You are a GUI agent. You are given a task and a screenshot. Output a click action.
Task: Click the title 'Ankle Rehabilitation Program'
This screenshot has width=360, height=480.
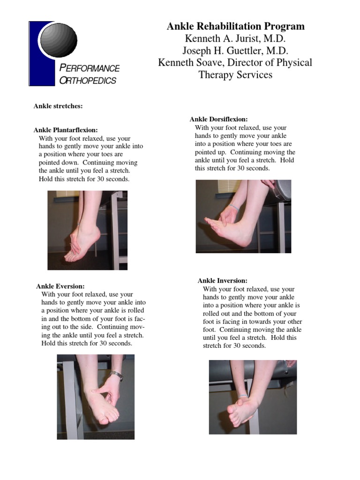(x=235, y=26)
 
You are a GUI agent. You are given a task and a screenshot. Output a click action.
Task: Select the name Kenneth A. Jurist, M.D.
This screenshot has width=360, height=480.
(x=235, y=38)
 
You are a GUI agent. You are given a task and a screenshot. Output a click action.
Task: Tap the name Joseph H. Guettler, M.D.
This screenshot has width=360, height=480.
(x=235, y=51)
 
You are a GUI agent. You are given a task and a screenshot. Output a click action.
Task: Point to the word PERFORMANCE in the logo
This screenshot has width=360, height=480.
(x=90, y=68)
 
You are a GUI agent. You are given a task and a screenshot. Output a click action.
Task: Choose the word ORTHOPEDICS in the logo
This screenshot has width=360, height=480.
(x=88, y=81)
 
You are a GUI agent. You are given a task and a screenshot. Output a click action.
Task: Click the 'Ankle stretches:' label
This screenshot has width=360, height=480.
(x=58, y=106)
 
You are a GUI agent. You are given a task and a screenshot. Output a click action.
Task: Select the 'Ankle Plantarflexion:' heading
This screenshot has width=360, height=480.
(x=66, y=130)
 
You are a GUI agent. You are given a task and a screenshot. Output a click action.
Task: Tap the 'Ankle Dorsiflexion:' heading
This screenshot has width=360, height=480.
(x=218, y=120)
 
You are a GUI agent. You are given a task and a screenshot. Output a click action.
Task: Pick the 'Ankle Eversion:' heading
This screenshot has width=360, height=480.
(x=60, y=285)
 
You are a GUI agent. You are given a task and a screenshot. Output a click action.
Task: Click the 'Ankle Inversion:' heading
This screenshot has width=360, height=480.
(x=222, y=280)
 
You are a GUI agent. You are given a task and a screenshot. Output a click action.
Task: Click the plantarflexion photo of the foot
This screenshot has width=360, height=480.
(x=87, y=230)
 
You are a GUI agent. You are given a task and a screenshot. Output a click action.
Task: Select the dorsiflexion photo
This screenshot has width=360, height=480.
(x=243, y=216)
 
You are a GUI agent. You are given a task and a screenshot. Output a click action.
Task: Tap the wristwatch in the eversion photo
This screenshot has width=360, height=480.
(x=116, y=375)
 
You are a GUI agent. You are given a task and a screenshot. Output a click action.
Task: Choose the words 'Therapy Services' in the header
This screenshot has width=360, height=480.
(x=235, y=75)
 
